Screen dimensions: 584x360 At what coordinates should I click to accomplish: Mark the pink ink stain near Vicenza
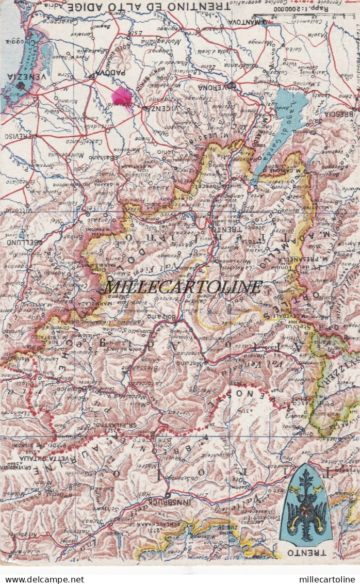tap(123, 96)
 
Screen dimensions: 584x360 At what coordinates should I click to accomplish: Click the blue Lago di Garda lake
tap(281, 126)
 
